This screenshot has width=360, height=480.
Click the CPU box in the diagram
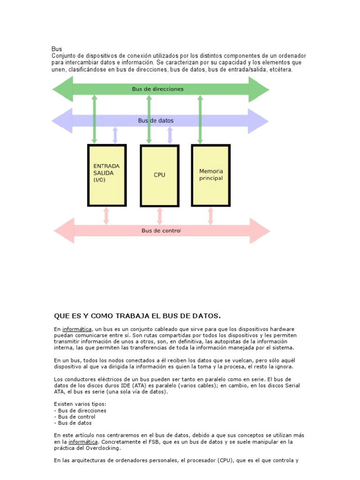(x=160, y=175)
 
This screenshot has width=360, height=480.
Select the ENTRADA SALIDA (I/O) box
(x=107, y=175)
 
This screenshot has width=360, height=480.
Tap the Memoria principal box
(x=211, y=175)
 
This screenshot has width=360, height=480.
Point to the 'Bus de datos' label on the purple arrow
(x=156, y=120)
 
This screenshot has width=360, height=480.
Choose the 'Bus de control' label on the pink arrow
(x=161, y=231)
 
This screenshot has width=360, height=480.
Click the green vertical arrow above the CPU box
(x=149, y=119)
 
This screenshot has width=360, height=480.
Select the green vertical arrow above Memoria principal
(x=200, y=119)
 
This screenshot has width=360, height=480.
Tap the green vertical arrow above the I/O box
(x=94, y=119)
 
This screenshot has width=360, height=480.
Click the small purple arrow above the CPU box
(x=170, y=135)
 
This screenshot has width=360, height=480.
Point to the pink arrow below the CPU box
(x=159, y=216)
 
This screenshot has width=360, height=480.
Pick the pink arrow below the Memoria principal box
(x=210, y=216)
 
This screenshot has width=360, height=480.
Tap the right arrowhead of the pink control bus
(x=260, y=231)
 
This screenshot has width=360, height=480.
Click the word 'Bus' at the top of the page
(x=56, y=49)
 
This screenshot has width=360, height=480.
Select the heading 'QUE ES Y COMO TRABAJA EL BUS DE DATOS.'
(x=137, y=315)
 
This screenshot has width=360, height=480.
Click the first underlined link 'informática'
(x=77, y=329)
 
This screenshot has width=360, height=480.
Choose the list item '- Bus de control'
(x=75, y=417)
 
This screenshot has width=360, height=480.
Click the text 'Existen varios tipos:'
(x=80, y=404)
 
